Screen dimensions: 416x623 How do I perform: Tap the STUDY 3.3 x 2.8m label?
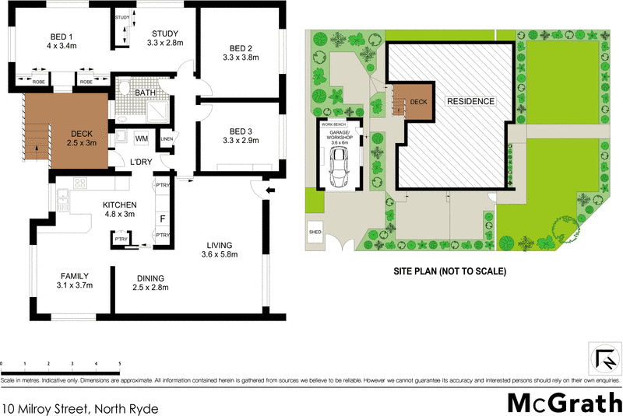[165, 37]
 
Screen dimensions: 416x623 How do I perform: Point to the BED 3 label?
[239, 135]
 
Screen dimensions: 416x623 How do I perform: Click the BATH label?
[145, 93]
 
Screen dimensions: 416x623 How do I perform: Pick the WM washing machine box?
[142, 138]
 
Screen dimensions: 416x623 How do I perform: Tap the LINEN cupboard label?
[166, 139]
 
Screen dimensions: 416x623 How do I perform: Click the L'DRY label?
[140, 161]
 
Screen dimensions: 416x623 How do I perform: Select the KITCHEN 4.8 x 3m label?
[119, 208]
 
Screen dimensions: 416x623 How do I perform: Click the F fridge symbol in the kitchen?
[163, 218]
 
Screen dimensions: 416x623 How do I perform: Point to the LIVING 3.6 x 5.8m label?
[217, 250]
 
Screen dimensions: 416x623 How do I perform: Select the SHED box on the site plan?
[315, 232]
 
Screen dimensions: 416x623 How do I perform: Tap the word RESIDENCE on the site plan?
[470, 102]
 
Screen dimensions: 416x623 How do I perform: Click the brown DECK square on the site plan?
[417, 102]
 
